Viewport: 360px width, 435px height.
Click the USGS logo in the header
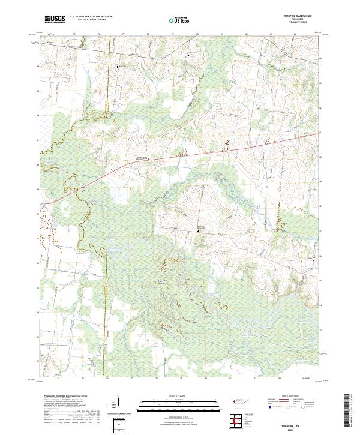coord(55,19)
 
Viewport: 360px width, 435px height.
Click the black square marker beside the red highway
coord(149,160)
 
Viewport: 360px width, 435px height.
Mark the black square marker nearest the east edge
coord(313,260)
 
